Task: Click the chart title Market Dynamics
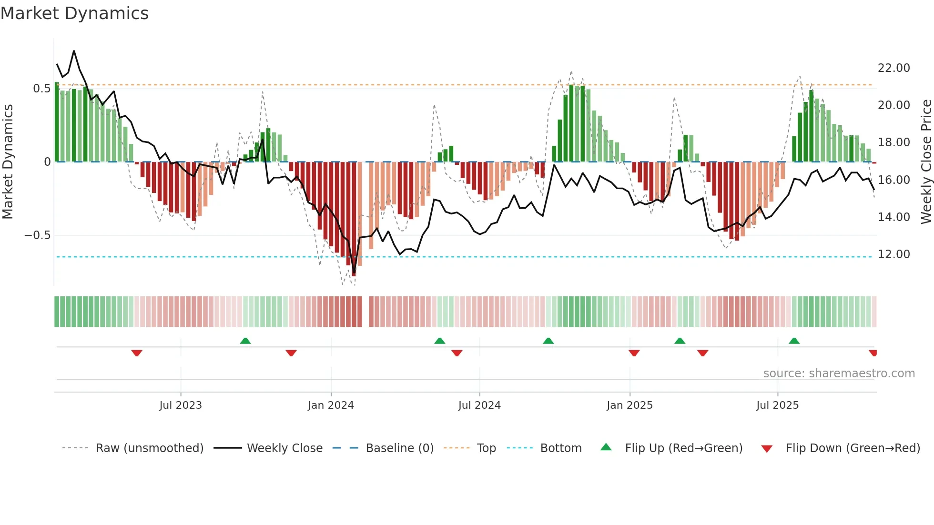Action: pyautogui.click(x=75, y=13)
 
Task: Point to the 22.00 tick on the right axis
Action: pyautogui.click(x=893, y=68)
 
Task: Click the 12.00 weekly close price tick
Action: pyautogui.click(x=893, y=254)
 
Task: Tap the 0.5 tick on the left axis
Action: pyautogui.click(x=41, y=89)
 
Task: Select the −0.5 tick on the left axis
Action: pyautogui.click(x=37, y=235)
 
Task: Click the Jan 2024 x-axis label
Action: pyautogui.click(x=331, y=405)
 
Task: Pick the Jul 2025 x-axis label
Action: pyautogui.click(x=777, y=405)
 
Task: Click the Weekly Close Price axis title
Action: pyautogui.click(x=926, y=162)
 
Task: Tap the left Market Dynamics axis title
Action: pyautogui.click(x=8, y=162)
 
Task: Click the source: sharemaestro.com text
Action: pyautogui.click(x=839, y=374)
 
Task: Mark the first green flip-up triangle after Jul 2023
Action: pyautogui.click(x=245, y=341)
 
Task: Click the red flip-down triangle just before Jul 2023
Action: pyautogui.click(x=137, y=353)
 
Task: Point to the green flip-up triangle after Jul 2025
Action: pyautogui.click(x=794, y=341)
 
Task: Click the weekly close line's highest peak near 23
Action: pyautogui.click(x=74, y=51)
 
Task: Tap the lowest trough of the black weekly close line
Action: pyautogui.click(x=354, y=274)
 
